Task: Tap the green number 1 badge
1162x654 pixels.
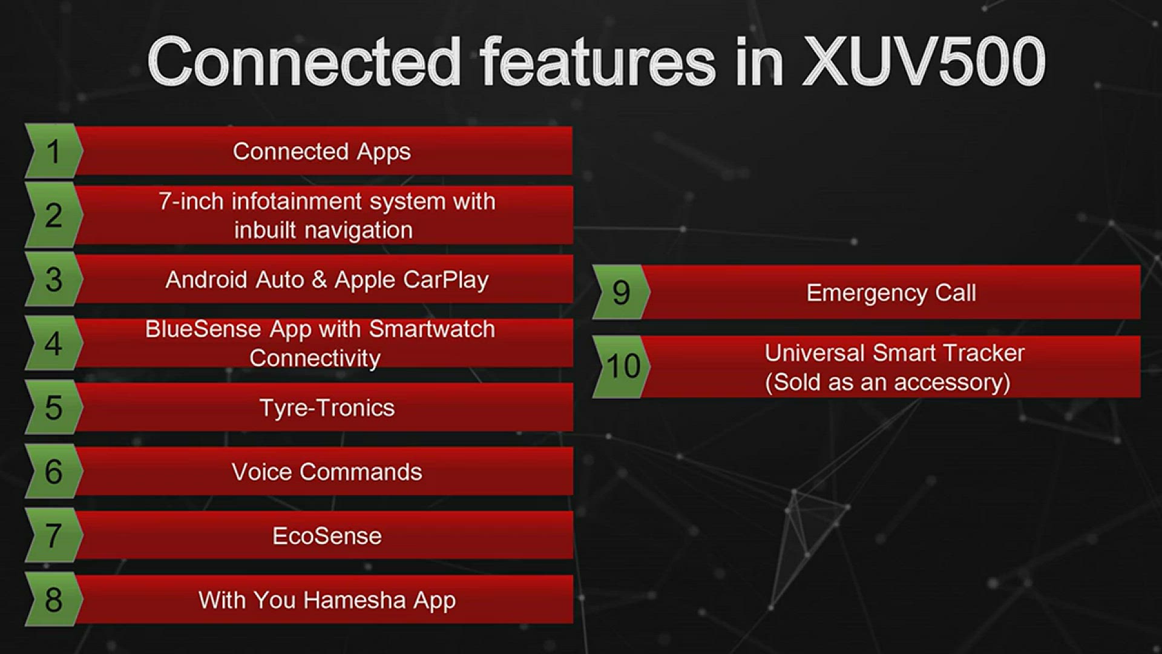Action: pos(53,151)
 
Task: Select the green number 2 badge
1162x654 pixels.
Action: pos(53,216)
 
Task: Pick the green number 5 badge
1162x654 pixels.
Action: pos(53,408)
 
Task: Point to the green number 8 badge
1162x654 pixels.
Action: pos(53,599)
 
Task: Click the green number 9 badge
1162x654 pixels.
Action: pos(621,292)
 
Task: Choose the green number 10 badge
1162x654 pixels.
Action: pos(623,366)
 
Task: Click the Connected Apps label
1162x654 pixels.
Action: pos(321,151)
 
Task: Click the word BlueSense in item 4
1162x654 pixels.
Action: pos(203,329)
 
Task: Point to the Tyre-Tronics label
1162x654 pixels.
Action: pos(327,408)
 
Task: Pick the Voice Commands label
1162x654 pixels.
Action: pos(327,472)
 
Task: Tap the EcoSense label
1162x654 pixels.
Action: pos(327,536)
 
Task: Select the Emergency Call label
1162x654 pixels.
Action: pos(891,293)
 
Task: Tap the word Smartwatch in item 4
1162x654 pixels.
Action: pos(432,329)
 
